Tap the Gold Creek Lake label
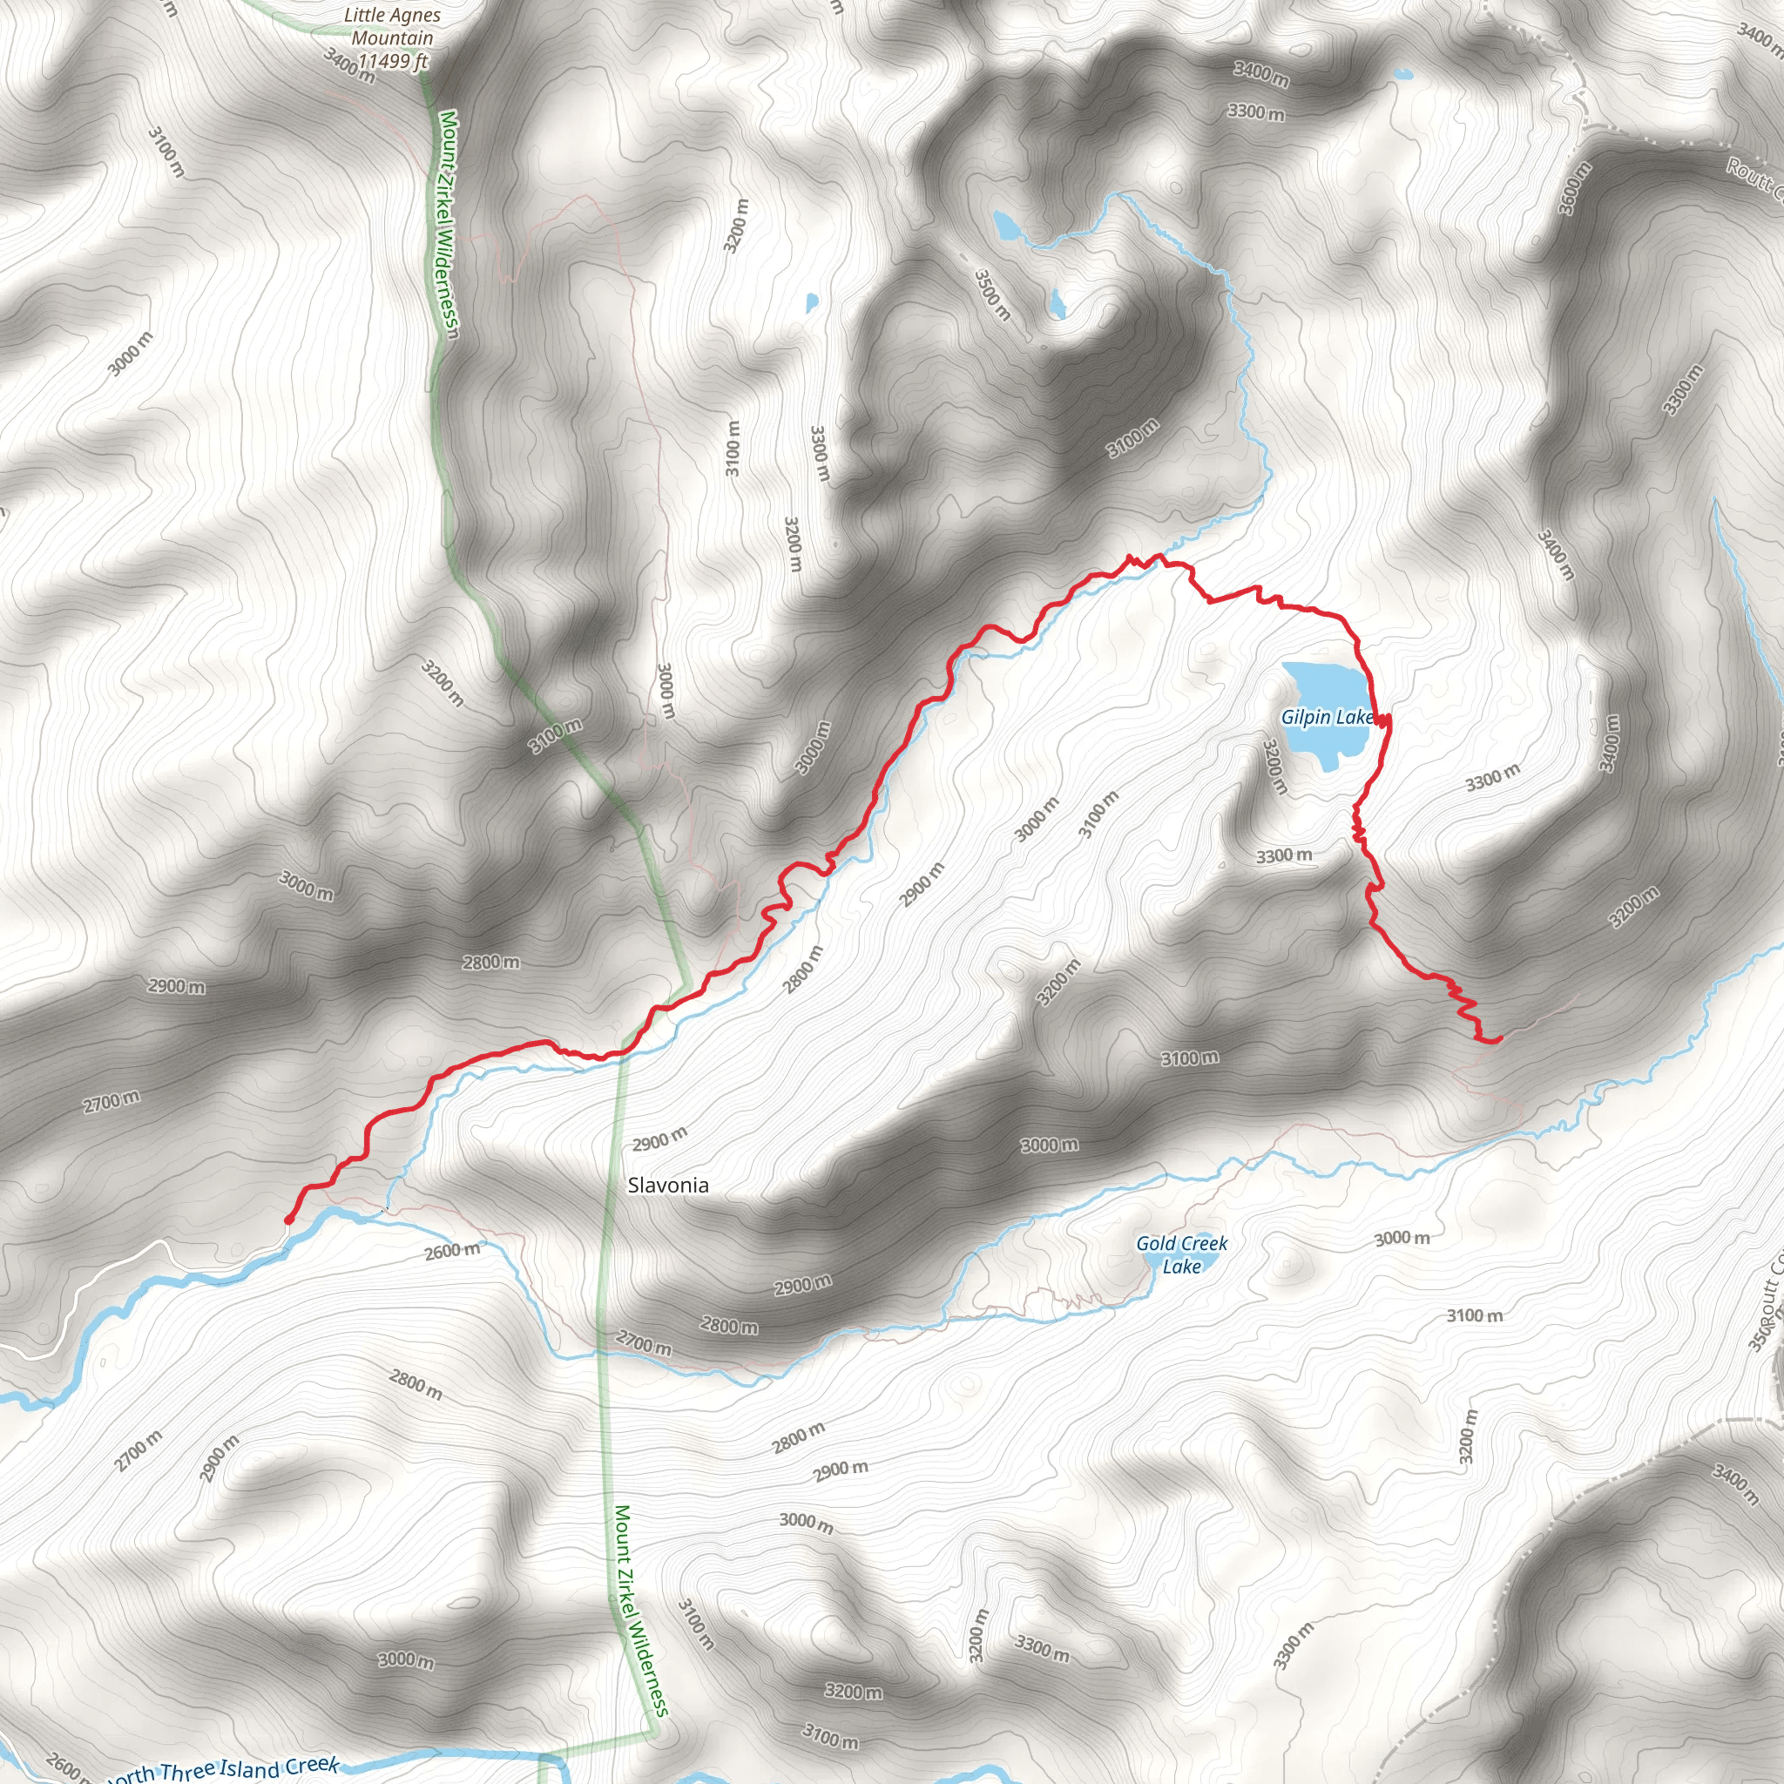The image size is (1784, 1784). (x=1181, y=1255)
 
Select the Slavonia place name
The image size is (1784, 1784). (x=667, y=1185)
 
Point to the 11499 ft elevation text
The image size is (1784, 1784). (x=395, y=62)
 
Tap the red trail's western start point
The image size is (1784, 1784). (x=288, y=1220)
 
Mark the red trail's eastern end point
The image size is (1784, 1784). (x=1497, y=1040)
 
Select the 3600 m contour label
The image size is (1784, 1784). (x=1575, y=188)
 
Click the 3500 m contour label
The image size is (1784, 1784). (x=993, y=294)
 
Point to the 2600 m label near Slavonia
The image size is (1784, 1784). (x=452, y=1252)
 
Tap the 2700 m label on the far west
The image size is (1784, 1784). (x=111, y=1101)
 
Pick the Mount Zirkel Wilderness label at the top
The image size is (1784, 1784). (x=448, y=225)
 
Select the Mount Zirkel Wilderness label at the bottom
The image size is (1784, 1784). (x=641, y=1611)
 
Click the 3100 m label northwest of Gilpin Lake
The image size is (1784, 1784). (x=1133, y=437)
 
